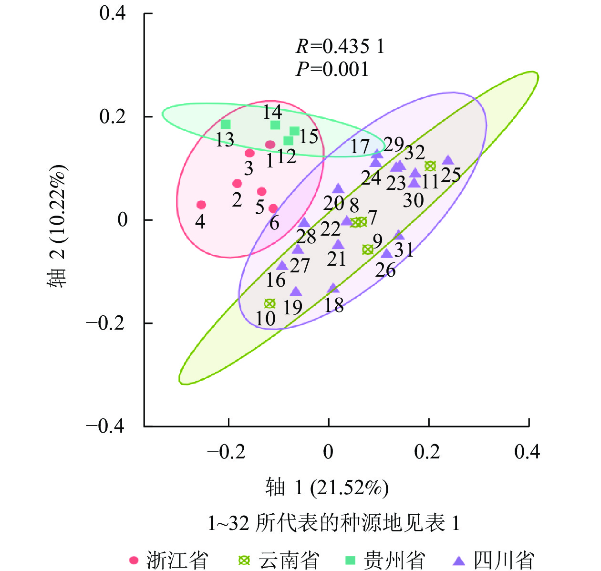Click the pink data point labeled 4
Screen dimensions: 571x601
click(201, 205)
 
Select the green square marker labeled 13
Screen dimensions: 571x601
click(226, 125)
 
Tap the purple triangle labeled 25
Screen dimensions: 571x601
click(448, 161)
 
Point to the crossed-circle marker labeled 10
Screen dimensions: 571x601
click(269, 304)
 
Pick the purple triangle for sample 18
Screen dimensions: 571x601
click(333, 288)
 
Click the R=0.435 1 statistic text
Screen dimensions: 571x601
click(340, 46)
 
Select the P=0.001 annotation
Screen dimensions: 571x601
click(332, 69)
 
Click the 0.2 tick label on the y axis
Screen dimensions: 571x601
click(113, 116)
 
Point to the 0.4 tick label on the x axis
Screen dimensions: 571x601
click(527, 451)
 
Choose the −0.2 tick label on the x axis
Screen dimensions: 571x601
click(226, 451)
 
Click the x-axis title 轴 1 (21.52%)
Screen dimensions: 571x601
click(327, 488)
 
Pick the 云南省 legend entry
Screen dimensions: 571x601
click(280, 560)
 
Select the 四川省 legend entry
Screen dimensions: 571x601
click(494, 560)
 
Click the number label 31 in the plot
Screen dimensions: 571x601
click(404, 249)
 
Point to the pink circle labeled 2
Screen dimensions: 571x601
click(237, 184)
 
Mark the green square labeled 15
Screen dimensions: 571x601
click(294, 131)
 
